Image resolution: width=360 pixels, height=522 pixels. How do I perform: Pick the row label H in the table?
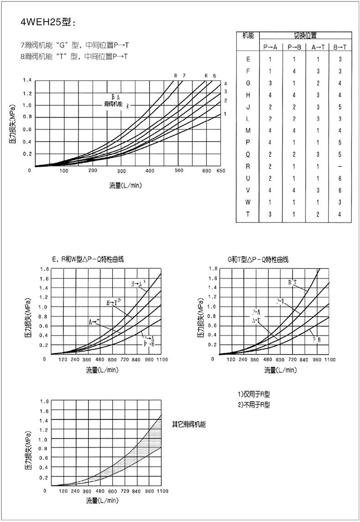248,95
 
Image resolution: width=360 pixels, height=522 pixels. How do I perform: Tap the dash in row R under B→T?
339,166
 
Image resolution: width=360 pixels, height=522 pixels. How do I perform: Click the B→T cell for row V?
339,190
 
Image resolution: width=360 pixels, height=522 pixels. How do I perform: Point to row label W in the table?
248,202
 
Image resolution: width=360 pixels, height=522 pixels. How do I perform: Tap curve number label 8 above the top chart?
175,76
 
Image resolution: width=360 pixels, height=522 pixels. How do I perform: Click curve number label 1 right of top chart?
225,114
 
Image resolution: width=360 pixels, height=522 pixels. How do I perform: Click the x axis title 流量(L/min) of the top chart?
125,186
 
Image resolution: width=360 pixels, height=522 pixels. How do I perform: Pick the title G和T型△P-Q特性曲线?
258,259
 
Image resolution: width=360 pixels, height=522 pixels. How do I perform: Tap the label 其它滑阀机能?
189,424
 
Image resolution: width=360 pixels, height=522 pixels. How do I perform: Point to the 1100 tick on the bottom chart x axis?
162,491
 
